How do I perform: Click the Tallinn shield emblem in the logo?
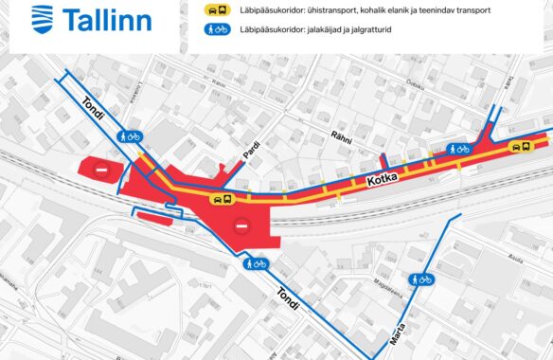tap(43, 18)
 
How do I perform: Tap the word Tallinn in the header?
tap(109, 18)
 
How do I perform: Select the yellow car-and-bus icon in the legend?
tap(217, 9)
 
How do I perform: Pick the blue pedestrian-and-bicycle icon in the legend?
tap(217, 28)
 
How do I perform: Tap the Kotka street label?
tap(380, 175)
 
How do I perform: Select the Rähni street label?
tap(341, 139)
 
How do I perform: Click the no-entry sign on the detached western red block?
tap(102, 171)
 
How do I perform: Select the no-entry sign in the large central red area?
tap(241, 227)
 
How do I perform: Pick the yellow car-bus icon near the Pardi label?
tap(223, 200)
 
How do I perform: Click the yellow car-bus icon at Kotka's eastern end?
tap(519, 147)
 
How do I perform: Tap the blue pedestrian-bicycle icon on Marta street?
tap(421, 279)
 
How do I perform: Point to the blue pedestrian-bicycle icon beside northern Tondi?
tap(130, 136)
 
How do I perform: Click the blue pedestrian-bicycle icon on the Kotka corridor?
tap(459, 149)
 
